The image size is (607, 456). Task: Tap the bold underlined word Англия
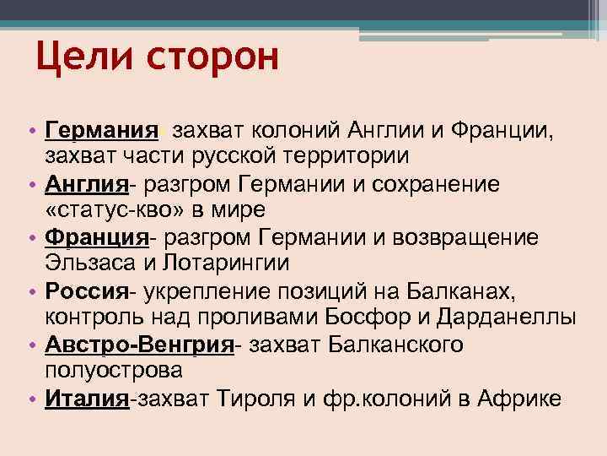86,184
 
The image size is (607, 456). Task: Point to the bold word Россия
86,292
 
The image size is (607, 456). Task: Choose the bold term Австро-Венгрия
139,346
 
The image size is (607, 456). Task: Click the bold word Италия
86,399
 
